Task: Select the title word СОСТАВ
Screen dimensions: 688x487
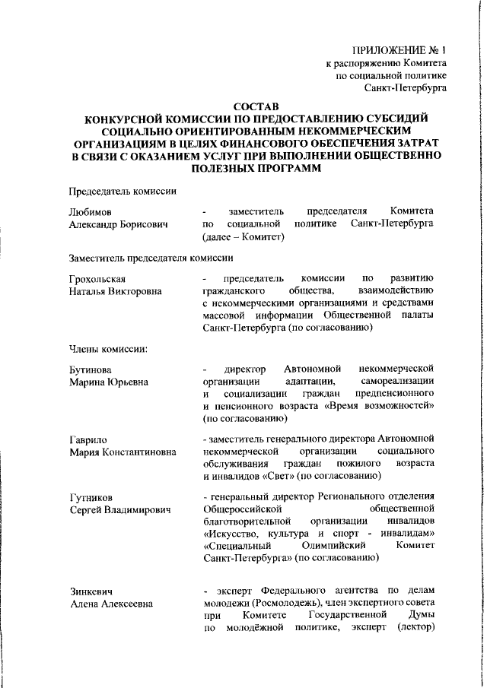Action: pyautogui.click(x=256, y=106)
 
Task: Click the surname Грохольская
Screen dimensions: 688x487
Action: pyautogui.click(x=100, y=278)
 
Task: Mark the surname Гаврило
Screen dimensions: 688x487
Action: pyautogui.click(x=89, y=439)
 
